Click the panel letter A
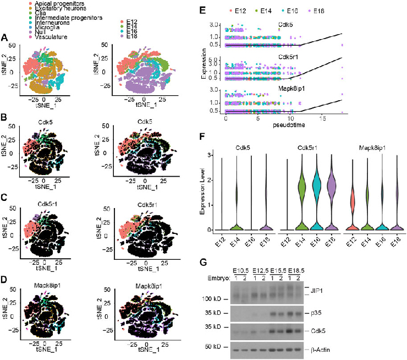coord(4,38)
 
